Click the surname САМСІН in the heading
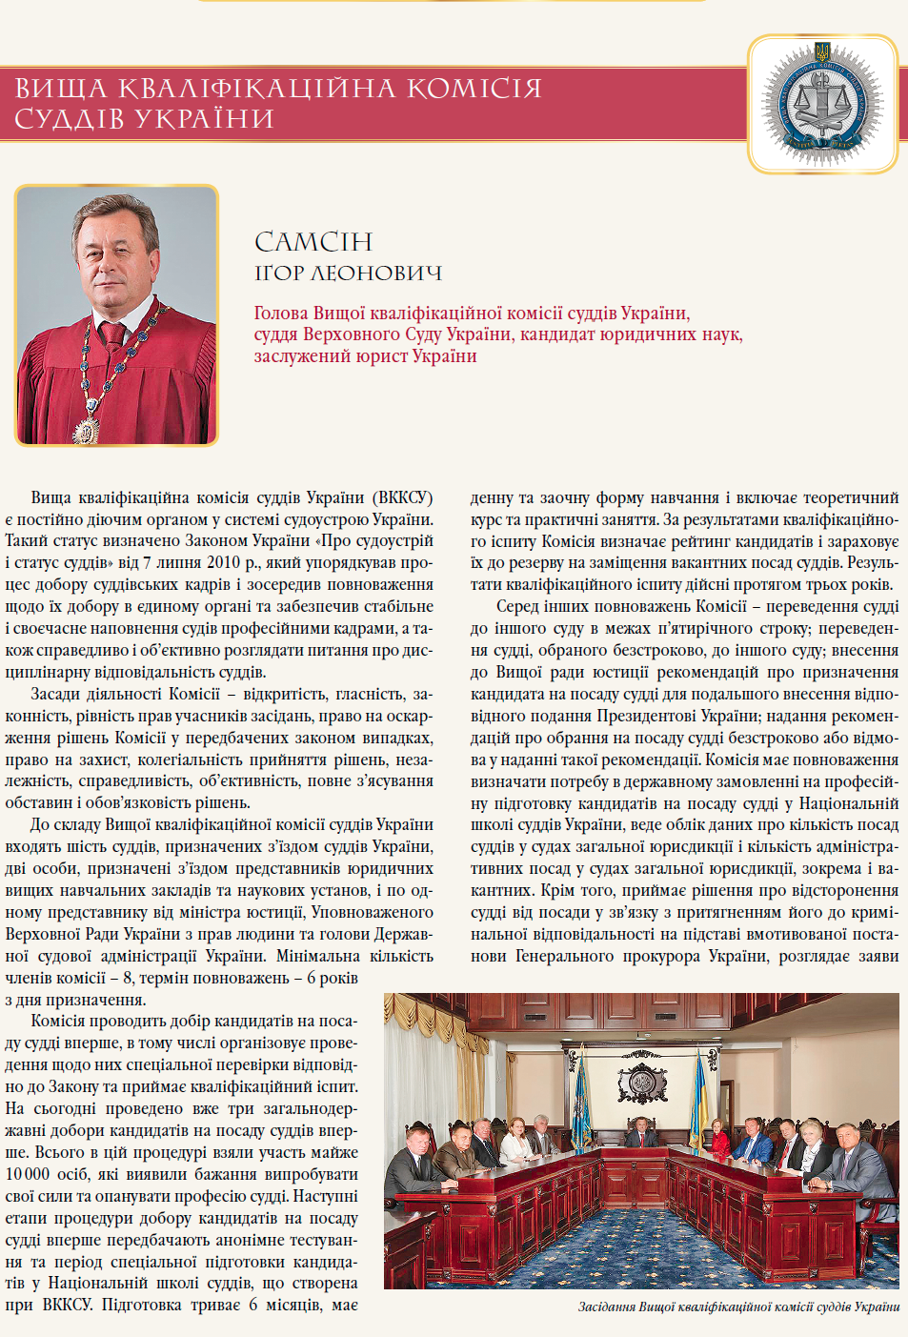click(x=313, y=243)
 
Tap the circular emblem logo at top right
click(x=822, y=104)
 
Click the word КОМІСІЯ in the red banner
click(x=474, y=89)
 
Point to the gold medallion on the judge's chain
click(x=86, y=431)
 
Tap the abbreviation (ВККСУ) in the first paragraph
click(x=402, y=497)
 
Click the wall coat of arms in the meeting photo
click(x=641, y=1081)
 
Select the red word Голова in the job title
click(x=281, y=314)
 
